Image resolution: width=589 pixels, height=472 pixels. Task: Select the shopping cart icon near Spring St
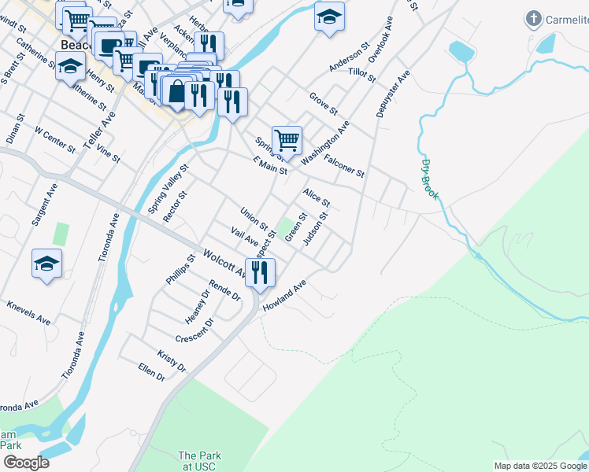pos(287,141)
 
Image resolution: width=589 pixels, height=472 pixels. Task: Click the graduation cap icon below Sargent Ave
pos(46,263)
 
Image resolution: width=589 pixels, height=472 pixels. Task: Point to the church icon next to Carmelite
pos(534,19)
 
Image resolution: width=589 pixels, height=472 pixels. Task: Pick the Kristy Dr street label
pos(171,362)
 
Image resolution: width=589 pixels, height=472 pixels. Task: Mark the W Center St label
pos(54,138)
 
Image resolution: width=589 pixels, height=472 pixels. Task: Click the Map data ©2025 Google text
pos(540,466)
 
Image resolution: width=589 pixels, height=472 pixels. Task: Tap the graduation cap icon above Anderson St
pos(329,17)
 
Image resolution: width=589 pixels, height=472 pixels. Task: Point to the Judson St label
pos(316,228)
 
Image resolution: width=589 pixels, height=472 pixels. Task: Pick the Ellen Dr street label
pos(151,372)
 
